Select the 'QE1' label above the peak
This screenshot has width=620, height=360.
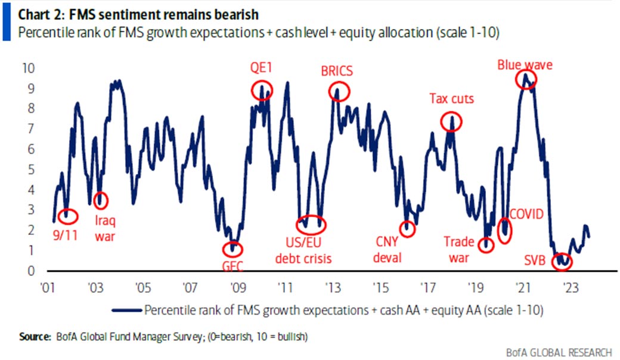click(261, 68)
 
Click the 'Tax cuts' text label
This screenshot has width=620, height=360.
click(451, 99)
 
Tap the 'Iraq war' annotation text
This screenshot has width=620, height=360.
click(105, 229)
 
